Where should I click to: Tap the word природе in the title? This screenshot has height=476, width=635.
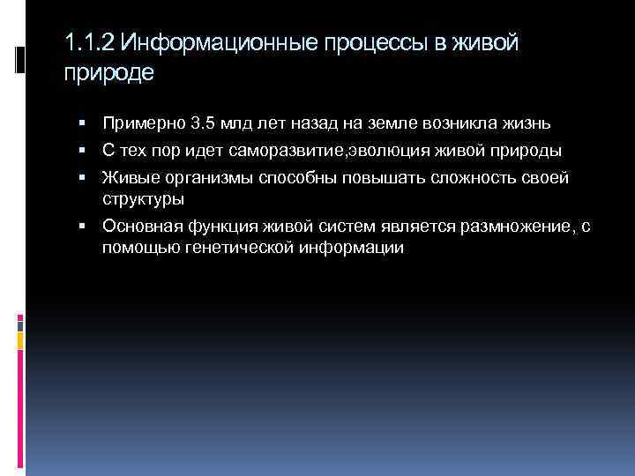(x=109, y=72)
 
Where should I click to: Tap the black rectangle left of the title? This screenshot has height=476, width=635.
(x=21, y=59)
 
